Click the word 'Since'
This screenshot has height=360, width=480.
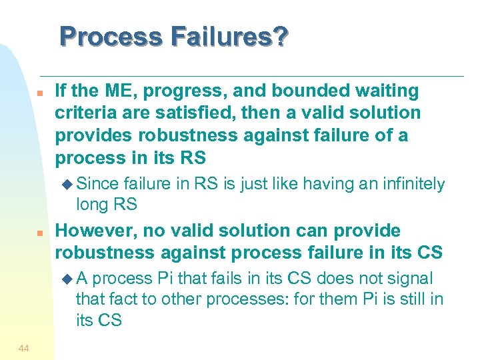[98, 184]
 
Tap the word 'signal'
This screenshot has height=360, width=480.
[409, 278]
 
